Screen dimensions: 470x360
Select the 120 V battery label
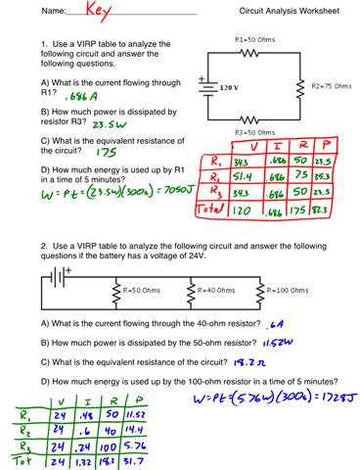click(227, 88)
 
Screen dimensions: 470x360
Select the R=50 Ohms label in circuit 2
click(143, 289)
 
